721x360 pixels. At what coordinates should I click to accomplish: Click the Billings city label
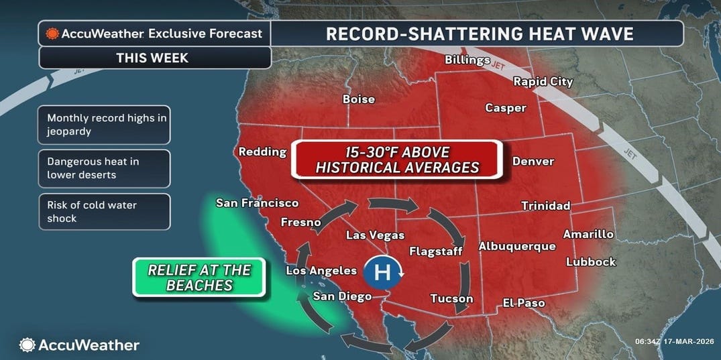click(467, 60)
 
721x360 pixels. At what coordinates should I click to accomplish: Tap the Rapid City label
click(543, 82)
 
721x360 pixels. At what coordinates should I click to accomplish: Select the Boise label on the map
click(358, 99)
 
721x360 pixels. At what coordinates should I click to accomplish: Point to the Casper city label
click(505, 108)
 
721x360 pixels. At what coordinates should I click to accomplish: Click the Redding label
click(262, 152)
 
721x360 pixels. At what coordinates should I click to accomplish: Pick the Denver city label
click(533, 162)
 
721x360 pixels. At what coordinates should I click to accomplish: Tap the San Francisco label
click(257, 203)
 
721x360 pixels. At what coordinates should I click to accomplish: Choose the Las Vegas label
click(375, 235)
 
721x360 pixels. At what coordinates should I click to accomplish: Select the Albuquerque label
click(516, 247)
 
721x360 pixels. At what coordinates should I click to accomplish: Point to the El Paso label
click(524, 304)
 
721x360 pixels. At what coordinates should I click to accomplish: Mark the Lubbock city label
click(590, 262)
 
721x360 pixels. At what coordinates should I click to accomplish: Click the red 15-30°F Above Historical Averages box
click(397, 159)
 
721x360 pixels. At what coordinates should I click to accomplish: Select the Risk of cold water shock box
click(104, 212)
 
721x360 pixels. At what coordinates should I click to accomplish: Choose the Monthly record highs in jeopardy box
click(104, 125)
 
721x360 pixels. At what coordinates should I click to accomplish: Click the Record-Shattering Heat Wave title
click(479, 34)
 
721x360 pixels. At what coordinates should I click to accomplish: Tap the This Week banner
click(154, 58)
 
